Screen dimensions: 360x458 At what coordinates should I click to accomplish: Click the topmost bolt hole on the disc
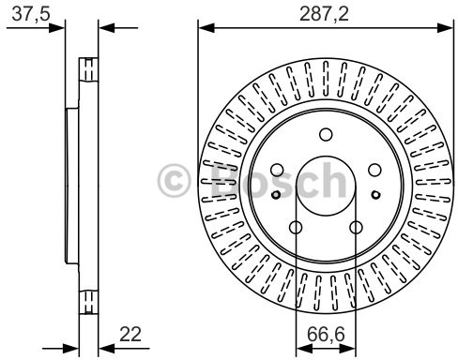tap(326, 134)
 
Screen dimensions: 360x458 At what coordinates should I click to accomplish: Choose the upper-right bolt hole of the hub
tap(374, 169)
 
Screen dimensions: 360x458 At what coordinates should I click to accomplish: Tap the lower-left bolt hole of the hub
tap(296, 228)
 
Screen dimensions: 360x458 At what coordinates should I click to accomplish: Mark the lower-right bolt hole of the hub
tap(356, 228)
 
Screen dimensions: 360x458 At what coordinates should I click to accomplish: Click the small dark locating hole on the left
tap(275, 195)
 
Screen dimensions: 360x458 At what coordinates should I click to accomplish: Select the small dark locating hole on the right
tap(375, 195)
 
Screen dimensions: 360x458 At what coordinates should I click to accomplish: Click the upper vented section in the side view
tap(89, 70)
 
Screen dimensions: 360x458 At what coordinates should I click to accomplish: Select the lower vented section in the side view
tap(89, 302)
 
